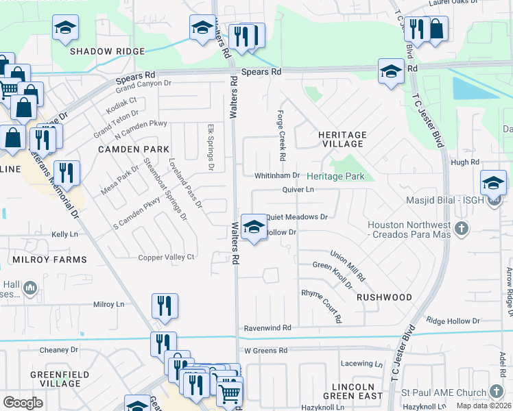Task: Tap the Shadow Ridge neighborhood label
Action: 107,51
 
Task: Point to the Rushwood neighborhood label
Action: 384,297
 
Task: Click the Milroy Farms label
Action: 49,260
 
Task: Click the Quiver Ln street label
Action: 297,190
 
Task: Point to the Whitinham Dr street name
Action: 277,176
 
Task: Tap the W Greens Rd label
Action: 266,351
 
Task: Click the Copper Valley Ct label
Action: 167,258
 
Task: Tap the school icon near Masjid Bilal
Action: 492,183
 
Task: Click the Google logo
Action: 23,403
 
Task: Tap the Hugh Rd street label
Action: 465,162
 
